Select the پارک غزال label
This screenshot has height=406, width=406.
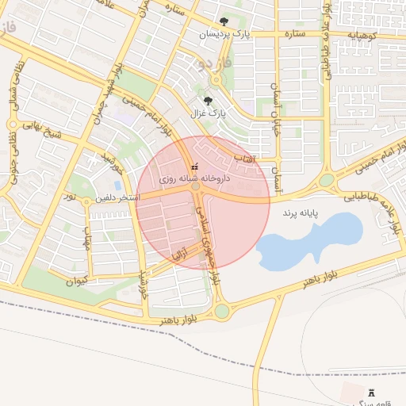tap(208, 113)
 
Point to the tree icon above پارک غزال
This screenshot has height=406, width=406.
tap(208, 101)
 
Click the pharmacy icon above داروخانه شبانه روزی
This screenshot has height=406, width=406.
tap(195, 167)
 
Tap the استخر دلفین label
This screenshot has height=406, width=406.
tap(117, 197)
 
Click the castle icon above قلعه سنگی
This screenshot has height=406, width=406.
tap(372, 393)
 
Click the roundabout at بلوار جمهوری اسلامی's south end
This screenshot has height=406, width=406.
tap(221, 311)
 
